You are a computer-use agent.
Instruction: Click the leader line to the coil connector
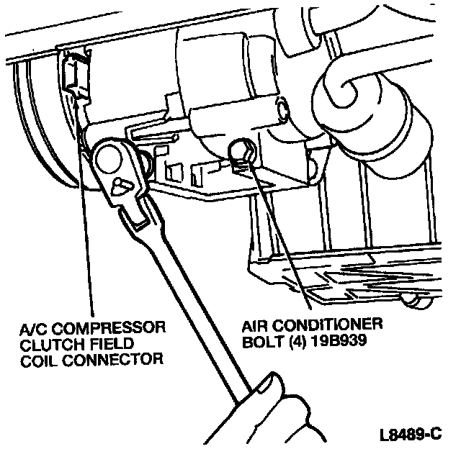pyautogui.click(x=81, y=216)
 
